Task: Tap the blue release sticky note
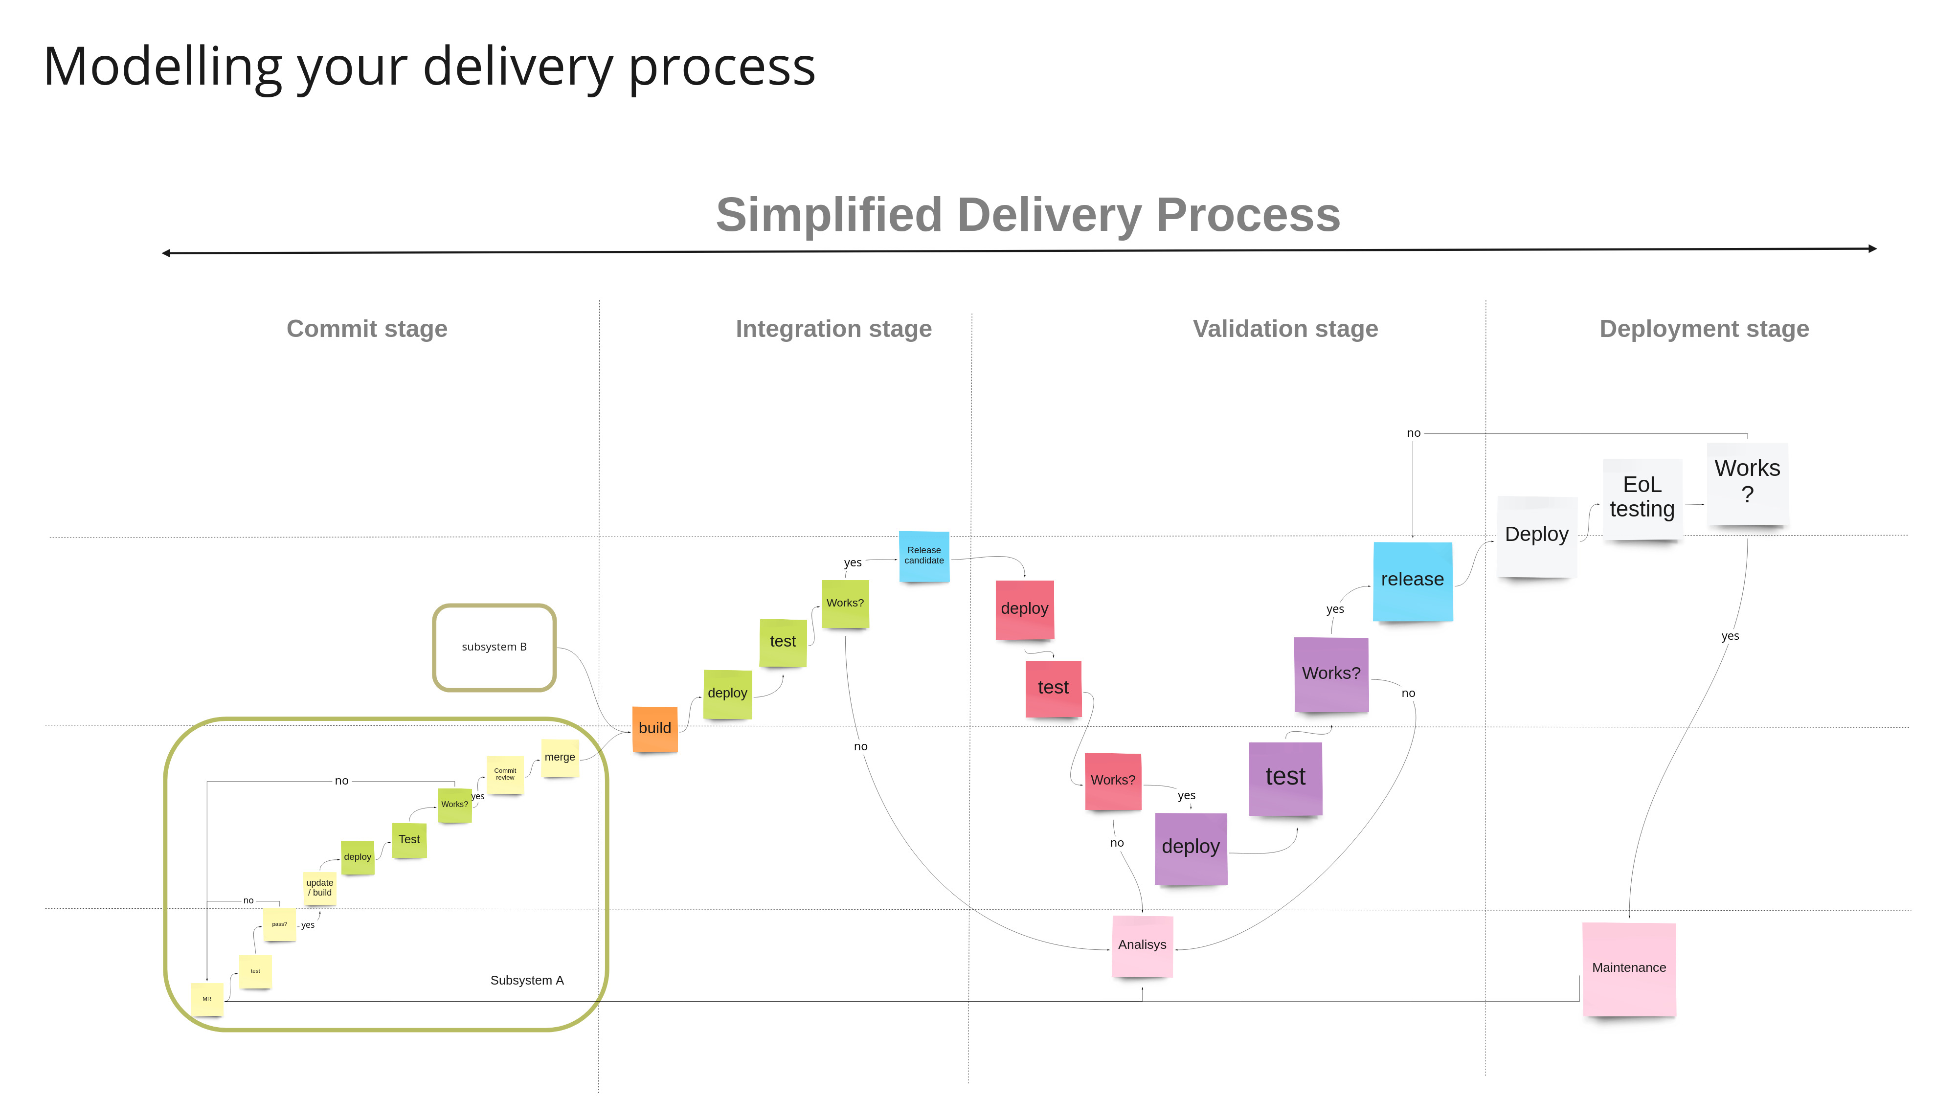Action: point(1412,581)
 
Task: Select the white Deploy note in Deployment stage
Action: point(1536,536)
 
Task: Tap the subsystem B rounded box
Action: point(495,647)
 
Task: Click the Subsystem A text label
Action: point(526,981)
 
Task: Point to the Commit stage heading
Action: point(367,329)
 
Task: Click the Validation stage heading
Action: point(1284,329)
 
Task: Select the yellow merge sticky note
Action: point(560,758)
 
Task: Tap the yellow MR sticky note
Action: point(206,999)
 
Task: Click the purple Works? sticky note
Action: point(1331,674)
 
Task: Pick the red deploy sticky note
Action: point(1024,609)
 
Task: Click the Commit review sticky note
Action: point(505,774)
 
